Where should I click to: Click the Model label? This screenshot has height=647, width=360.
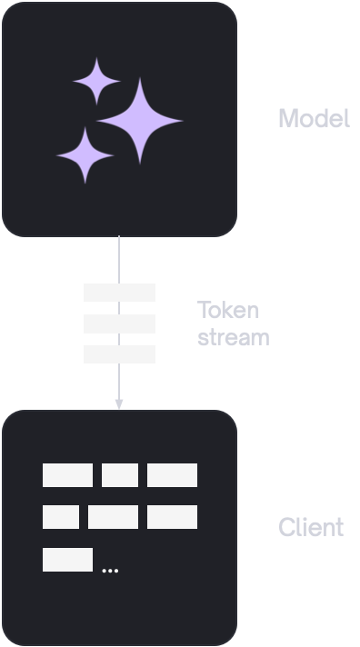pos(315,118)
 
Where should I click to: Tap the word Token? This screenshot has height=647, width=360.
pos(228,310)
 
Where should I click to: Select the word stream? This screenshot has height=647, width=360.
pos(234,337)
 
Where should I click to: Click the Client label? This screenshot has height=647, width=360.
pos(311,527)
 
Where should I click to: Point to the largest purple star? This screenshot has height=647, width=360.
pos(140,121)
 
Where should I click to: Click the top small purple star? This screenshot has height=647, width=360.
pos(96,81)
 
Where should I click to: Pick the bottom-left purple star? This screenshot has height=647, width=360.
pos(85,155)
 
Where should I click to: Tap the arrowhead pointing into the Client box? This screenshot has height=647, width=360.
pos(119,404)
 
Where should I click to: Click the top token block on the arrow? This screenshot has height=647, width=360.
pos(119,293)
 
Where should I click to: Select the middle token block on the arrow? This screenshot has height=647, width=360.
pos(119,323)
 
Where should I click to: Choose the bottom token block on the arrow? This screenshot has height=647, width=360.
pos(119,354)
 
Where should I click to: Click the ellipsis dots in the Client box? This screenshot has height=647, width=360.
pos(110,571)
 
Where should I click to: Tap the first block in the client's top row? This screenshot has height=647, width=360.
pos(67,475)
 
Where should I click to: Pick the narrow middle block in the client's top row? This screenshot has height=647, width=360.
pos(120,475)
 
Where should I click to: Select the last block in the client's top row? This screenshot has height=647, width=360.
pos(172,475)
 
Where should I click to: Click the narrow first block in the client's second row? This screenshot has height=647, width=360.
pos(61,517)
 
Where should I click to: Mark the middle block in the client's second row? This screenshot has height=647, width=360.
pos(113,517)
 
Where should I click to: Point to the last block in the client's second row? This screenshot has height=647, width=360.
pos(172,517)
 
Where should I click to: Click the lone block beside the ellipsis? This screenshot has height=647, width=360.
pos(67,560)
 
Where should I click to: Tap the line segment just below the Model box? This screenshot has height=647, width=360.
pos(119,260)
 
